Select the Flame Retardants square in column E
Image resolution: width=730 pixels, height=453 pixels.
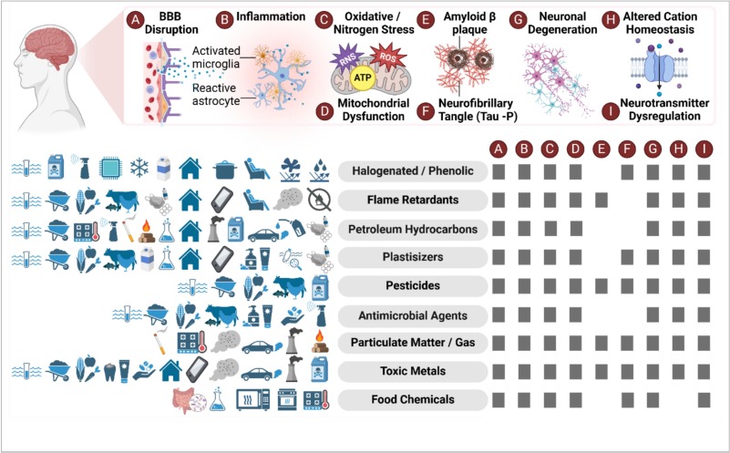pyautogui.click(x=601, y=199)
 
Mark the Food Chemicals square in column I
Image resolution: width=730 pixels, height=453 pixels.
pyautogui.click(x=704, y=400)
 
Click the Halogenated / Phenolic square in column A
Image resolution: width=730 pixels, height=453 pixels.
pyautogui.click(x=498, y=170)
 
